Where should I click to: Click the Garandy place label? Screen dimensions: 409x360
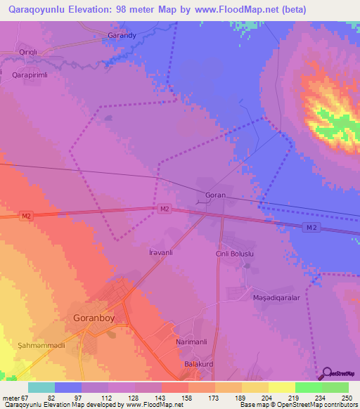tap(121, 34)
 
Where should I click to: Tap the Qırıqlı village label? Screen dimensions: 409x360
tap(32, 53)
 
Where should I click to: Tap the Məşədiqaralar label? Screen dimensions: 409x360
tap(276, 298)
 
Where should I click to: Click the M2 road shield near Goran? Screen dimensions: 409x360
tap(164, 209)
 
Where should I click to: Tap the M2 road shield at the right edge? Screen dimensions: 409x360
tap(313, 227)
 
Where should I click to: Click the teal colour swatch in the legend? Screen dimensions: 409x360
tap(41, 387)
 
